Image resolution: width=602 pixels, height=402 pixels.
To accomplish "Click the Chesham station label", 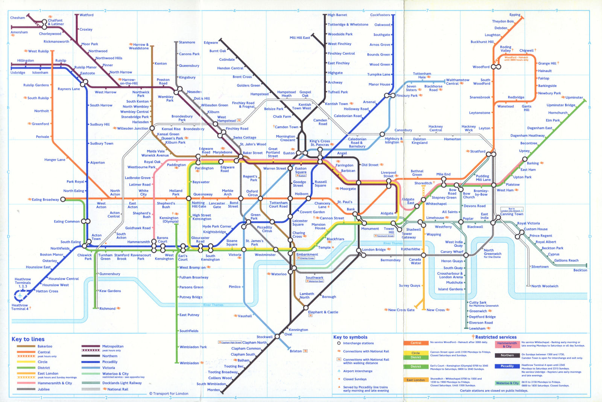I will pyautogui.click(x=17, y=18).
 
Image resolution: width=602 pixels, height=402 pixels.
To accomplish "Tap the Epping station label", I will pyautogui.click(x=515, y=15).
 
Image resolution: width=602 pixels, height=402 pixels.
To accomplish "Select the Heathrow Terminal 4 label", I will pyautogui.click(x=20, y=307).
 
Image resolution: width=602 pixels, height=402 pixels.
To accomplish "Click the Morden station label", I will pyautogui.click(x=213, y=390).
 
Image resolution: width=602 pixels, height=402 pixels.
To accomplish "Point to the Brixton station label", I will pyautogui.click(x=296, y=351).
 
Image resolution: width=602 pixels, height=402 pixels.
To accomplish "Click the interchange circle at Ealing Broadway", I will pyautogui.click(x=63, y=199).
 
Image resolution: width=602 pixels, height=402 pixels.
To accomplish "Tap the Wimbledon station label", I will pyautogui.click(x=189, y=363).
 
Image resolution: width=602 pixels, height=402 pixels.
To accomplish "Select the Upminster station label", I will pyautogui.click(x=574, y=97).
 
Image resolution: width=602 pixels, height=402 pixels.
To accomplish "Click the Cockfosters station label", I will pyautogui.click(x=380, y=15).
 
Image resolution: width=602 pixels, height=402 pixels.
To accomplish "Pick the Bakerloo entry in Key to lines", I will pyautogui.click(x=45, y=346).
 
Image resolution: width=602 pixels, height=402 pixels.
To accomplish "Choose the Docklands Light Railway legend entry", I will pyautogui.click(x=122, y=383).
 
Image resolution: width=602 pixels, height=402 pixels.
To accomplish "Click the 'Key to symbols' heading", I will pyautogui.click(x=350, y=337).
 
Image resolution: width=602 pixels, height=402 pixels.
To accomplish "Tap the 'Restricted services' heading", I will pyautogui.click(x=496, y=337).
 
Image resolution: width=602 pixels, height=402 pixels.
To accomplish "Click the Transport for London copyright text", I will pyautogui.click(x=169, y=394).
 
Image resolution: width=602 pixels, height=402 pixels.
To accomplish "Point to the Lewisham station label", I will pyautogui.click(x=477, y=329).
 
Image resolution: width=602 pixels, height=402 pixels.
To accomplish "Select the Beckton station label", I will pyautogui.click(x=580, y=270).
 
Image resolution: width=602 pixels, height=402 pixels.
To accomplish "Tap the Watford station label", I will pyautogui.click(x=87, y=15).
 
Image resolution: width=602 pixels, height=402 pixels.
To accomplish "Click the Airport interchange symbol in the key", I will pyautogui.click(x=339, y=371).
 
